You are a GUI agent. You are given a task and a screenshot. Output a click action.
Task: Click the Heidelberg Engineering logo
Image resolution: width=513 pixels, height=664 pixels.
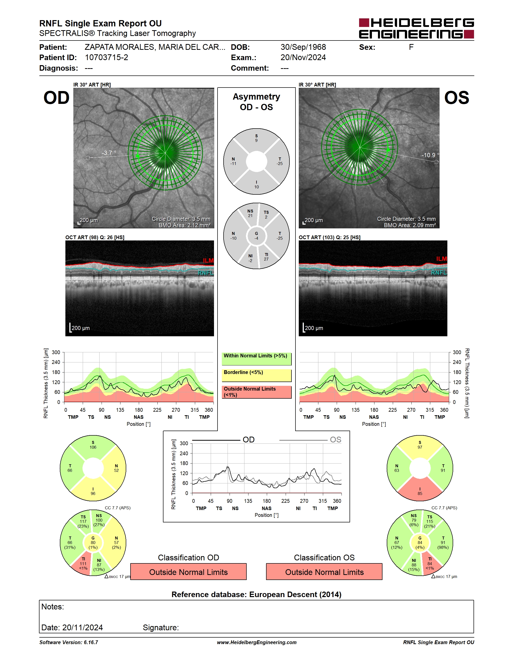point(416,28)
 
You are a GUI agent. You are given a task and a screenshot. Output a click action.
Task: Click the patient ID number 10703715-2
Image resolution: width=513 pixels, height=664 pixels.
point(106,57)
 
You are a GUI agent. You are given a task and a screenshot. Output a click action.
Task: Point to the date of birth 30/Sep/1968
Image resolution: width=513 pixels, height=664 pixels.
point(303,47)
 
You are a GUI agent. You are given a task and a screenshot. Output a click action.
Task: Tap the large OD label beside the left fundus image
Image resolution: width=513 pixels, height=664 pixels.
point(57,98)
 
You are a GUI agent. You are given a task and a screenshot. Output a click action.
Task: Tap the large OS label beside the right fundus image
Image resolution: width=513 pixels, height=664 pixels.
point(456,98)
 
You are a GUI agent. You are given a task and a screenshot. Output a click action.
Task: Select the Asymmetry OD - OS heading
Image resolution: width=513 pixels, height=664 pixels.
point(256,102)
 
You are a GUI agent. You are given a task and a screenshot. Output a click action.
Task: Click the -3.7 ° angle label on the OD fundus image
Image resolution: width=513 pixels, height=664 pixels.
point(109,153)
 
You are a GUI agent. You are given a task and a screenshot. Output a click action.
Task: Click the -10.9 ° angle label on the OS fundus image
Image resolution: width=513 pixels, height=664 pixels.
point(430,155)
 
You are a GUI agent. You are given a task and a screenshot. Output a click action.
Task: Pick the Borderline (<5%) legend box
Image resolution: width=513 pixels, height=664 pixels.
point(256,376)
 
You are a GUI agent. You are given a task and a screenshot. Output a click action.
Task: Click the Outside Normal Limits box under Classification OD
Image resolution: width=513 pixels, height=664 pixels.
point(188,572)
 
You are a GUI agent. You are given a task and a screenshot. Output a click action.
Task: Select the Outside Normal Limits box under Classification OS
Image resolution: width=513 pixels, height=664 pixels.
point(324,572)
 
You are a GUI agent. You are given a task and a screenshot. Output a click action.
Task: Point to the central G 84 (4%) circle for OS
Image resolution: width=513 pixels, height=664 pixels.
point(420,543)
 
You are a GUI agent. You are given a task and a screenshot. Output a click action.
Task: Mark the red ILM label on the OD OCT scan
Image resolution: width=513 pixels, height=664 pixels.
point(208,261)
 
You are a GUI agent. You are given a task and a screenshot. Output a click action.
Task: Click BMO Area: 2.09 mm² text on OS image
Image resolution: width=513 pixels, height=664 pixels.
point(410,225)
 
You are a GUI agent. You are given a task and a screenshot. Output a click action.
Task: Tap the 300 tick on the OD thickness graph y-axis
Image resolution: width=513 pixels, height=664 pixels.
point(56,352)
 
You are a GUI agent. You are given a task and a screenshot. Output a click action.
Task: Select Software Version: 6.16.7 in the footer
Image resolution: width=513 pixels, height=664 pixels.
point(69,642)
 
